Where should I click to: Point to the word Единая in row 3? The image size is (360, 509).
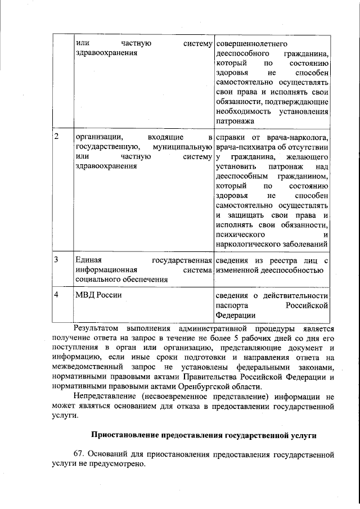click(88, 260)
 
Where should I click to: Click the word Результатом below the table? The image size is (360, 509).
click(94, 328)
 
